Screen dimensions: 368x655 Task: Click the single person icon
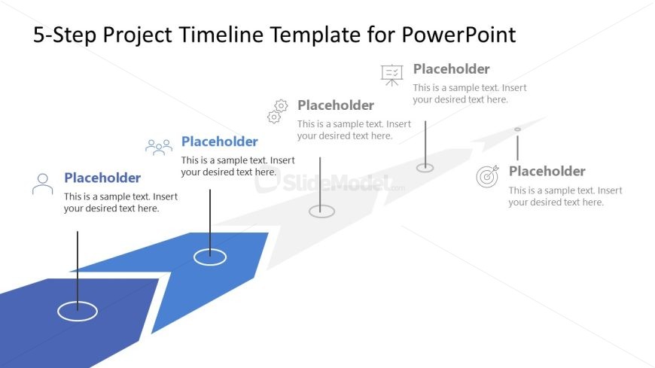click(43, 184)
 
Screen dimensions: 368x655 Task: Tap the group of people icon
click(159, 147)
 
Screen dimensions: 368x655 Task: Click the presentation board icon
click(392, 74)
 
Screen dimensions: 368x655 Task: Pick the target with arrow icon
click(488, 177)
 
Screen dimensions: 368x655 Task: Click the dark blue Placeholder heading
click(102, 178)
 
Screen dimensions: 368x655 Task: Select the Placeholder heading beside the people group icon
click(220, 141)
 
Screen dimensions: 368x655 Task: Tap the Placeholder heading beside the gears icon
click(336, 105)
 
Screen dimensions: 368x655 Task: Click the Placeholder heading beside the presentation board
click(452, 69)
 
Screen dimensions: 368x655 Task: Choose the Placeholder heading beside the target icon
click(547, 172)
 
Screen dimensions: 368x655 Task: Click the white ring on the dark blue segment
click(78, 311)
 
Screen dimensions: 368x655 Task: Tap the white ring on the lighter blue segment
click(210, 257)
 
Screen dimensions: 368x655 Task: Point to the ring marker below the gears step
click(321, 211)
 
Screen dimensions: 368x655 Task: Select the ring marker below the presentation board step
click(425, 168)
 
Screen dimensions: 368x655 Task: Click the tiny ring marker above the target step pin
click(517, 129)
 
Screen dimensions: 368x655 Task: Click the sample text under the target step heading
click(565, 196)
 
